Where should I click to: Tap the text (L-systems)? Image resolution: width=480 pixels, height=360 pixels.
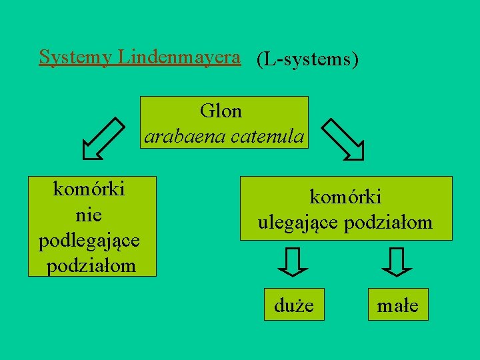(307, 59)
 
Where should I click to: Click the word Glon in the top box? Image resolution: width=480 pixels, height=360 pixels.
(221, 111)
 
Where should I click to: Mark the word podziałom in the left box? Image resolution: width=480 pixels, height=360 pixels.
(91, 265)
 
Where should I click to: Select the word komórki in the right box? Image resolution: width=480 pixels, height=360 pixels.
(345, 197)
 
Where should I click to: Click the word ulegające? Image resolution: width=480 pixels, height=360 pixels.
(299, 222)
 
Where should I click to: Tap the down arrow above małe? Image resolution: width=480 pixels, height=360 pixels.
(398, 262)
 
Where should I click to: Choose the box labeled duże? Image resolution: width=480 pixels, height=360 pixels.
(294, 305)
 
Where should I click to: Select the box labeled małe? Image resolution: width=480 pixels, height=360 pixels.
(398, 305)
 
